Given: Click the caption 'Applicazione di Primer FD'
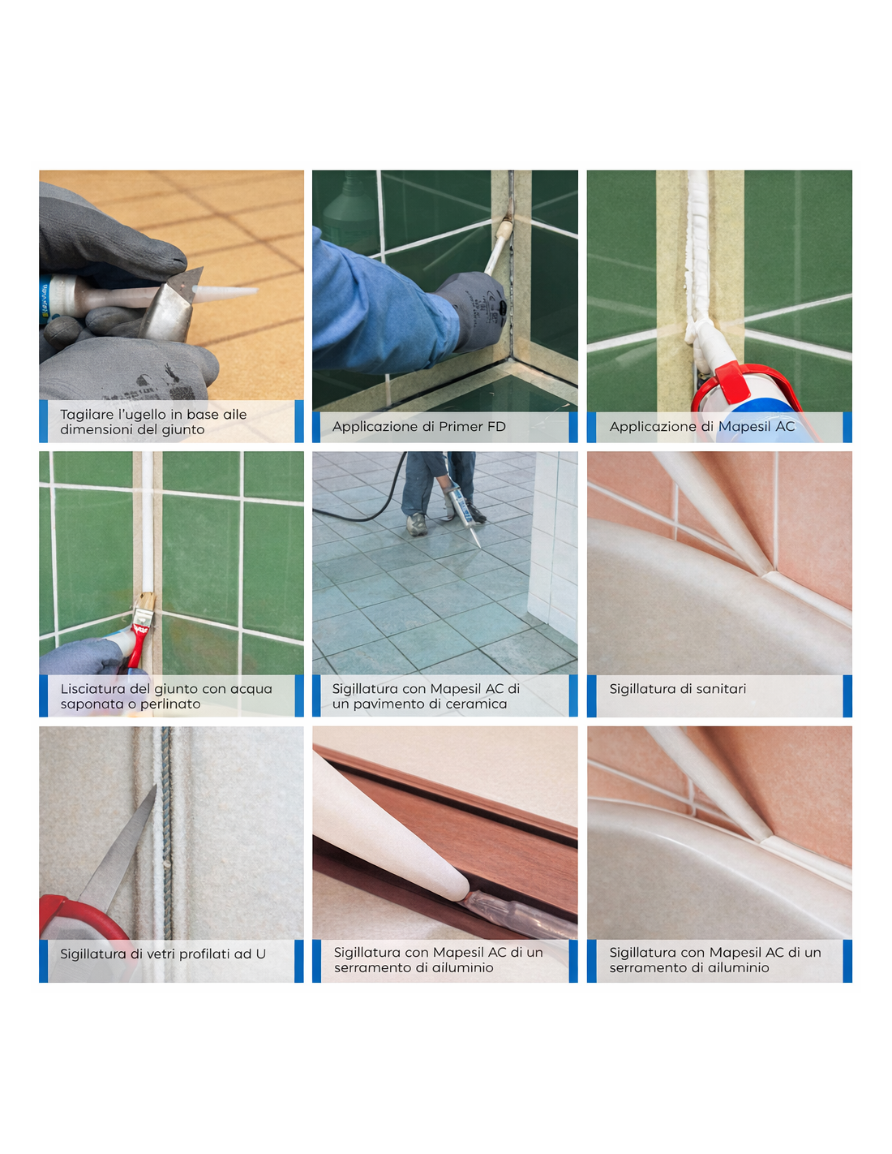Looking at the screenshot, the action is point(418,426).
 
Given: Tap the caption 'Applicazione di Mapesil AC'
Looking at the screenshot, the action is point(701,426).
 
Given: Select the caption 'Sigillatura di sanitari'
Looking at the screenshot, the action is point(677,689).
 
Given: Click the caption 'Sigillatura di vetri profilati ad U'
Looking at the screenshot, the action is point(162,954).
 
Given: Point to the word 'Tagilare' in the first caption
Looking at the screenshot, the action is point(82,415).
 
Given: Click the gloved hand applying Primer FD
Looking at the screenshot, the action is point(472,308).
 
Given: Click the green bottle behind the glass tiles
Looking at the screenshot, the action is point(350,207).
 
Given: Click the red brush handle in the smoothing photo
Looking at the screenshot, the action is point(139,644).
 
